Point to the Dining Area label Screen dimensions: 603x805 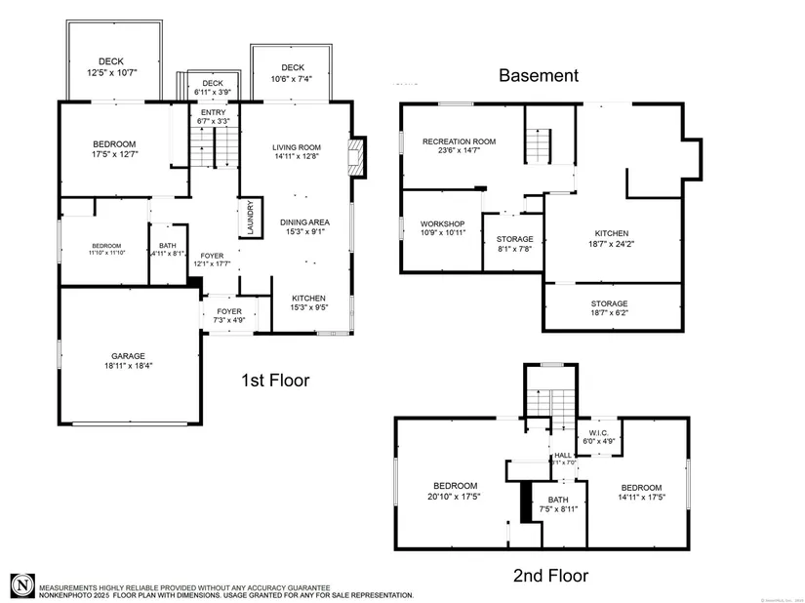(304, 222)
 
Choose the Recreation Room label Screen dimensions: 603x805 (459, 141)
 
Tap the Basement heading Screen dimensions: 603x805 (539, 75)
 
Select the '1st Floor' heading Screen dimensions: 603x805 (274, 381)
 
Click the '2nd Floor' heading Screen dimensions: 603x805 (550, 576)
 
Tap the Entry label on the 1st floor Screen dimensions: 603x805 (213, 113)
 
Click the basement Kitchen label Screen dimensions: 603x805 (612, 233)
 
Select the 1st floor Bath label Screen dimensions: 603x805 (168, 246)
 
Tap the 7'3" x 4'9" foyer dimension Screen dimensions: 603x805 (229, 321)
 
